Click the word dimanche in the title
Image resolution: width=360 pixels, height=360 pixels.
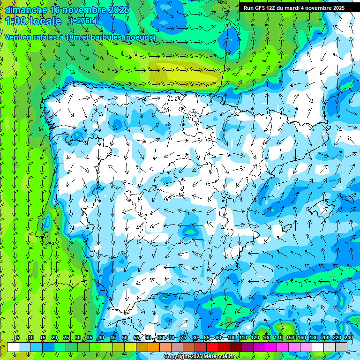tap(25, 10)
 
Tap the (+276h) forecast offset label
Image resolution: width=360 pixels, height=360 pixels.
tap(83, 21)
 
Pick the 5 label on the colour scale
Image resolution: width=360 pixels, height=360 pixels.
tap(18, 337)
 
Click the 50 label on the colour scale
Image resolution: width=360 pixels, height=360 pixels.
tap(125, 337)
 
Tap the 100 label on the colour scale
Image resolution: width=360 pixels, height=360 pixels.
tap(232, 337)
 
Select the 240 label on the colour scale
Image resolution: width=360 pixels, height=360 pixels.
tap(348, 337)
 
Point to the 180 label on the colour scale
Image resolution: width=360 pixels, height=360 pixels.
tap(313, 337)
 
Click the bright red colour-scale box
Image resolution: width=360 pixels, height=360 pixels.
tap(212, 347)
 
